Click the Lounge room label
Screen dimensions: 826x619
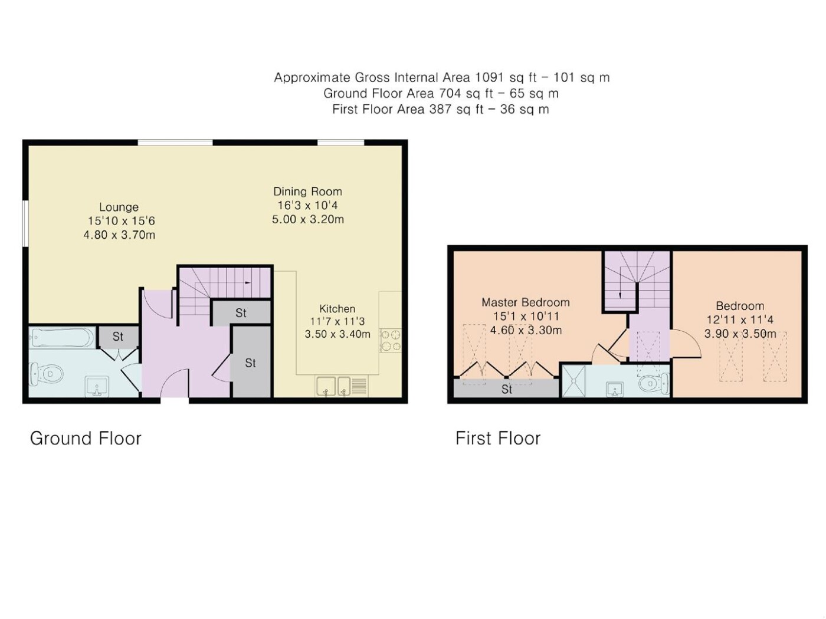pyautogui.click(x=119, y=207)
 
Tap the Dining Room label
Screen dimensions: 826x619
pyautogui.click(x=307, y=192)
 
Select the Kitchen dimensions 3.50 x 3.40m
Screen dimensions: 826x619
pyautogui.click(x=337, y=334)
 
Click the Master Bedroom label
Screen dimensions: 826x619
pyautogui.click(x=525, y=302)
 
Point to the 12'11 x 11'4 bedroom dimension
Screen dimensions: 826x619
pyautogui.click(x=739, y=320)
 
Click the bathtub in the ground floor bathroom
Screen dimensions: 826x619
pyautogui.click(x=62, y=337)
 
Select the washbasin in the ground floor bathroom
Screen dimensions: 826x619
pyautogui.click(x=97, y=386)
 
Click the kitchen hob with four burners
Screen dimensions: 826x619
pyautogui.click(x=391, y=340)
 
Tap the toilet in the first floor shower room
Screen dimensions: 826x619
pyautogui.click(x=654, y=383)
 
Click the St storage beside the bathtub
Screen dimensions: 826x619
pyautogui.click(x=118, y=337)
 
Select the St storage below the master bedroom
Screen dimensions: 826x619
pyautogui.click(x=506, y=389)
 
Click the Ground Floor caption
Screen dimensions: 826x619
pyautogui.click(x=86, y=438)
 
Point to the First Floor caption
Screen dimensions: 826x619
pyautogui.click(x=498, y=438)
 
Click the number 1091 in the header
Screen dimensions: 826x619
pyautogui.click(x=489, y=77)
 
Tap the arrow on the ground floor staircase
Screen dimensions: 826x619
pyautogui.click(x=248, y=283)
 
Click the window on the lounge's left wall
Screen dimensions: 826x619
pyautogui.click(x=25, y=224)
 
